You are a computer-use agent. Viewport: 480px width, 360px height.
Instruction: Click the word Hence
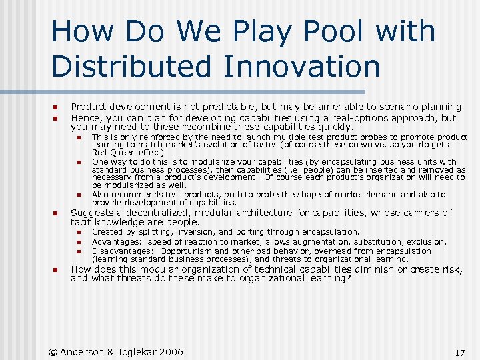tap(85, 118)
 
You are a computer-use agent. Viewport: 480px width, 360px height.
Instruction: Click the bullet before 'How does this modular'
tap(55, 270)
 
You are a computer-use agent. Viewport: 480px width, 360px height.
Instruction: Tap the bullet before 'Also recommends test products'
tap(77, 195)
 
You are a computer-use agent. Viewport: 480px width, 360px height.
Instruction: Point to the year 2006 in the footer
tap(170, 352)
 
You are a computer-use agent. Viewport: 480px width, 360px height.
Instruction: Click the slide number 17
tap(459, 353)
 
